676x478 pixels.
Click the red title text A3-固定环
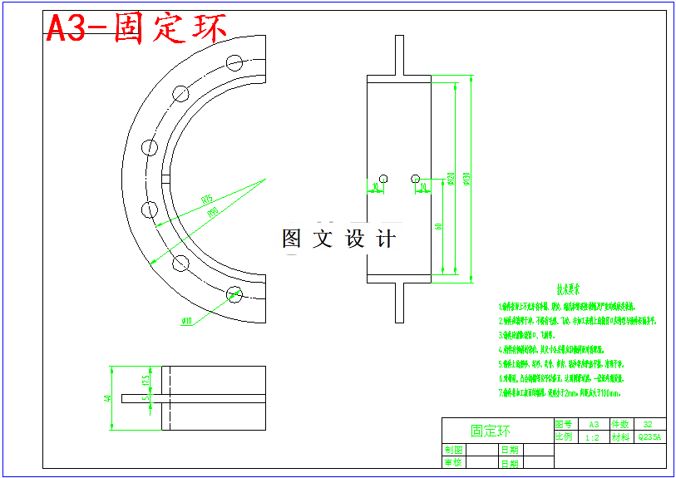click(136, 28)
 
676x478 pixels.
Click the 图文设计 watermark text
click(338, 239)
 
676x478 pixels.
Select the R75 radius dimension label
click(206, 199)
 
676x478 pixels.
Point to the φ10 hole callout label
click(185, 320)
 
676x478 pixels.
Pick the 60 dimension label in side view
click(438, 225)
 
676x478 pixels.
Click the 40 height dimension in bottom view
click(108, 398)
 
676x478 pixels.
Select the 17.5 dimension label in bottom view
click(145, 380)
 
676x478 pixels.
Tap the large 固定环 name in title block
click(491, 431)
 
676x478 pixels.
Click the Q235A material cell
click(649, 436)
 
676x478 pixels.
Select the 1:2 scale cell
click(592, 436)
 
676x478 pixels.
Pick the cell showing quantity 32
click(649, 424)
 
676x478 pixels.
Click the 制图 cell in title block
click(453, 450)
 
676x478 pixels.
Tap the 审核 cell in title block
click(453, 462)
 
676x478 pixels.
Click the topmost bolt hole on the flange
click(234, 62)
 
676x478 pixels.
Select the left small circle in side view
click(383, 178)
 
